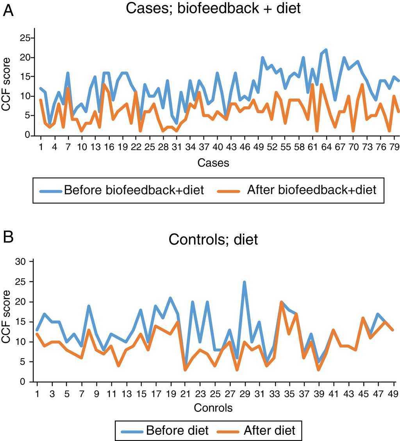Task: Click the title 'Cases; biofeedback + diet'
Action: (213, 9)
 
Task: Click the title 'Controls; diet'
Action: (213, 239)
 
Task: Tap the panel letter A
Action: (8, 11)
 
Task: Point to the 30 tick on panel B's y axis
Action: (20, 262)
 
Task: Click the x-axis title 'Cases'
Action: (213, 163)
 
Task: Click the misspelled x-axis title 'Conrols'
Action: (213, 408)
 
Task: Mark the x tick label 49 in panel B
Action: (393, 392)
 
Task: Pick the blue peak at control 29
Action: (245, 282)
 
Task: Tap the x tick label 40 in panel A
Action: (218, 146)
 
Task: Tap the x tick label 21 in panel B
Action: (185, 392)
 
